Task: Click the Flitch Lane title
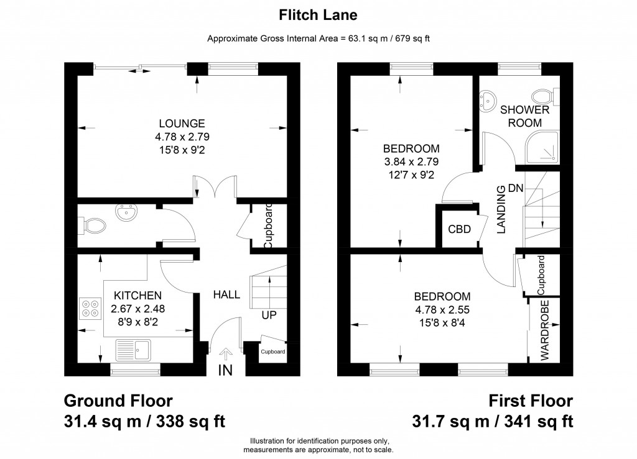pyautogui.click(x=318, y=13)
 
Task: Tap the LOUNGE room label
pyautogui.click(x=181, y=123)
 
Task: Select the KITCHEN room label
pyautogui.click(x=137, y=295)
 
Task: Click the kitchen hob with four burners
pyautogui.click(x=90, y=308)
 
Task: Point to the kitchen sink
pyautogui.click(x=133, y=350)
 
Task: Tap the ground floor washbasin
pyautogui.click(x=128, y=214)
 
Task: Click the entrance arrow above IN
pyautogui.click(x=225, y=354)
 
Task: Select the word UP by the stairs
pyautogui.click(x=269, y=316)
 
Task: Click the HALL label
pyautogui.click(x=226, y=295)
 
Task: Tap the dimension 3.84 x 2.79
pyautogui.click(x=411, y=162)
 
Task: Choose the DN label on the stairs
pyautogui.click(x=515, y=188)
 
